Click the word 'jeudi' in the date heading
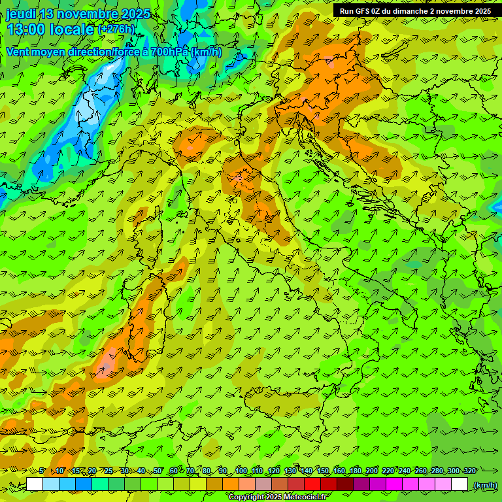[21, 14]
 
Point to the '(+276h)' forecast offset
[116, 29]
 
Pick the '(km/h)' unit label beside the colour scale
[484, 485]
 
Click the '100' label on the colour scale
[241, 471]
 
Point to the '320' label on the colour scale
[469, 471]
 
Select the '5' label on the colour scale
[42, 471]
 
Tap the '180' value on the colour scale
[355, 471]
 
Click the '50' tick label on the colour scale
[158, 471]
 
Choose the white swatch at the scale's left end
[35, 484]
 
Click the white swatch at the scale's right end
[460, 484]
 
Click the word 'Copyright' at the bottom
[246, 497]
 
